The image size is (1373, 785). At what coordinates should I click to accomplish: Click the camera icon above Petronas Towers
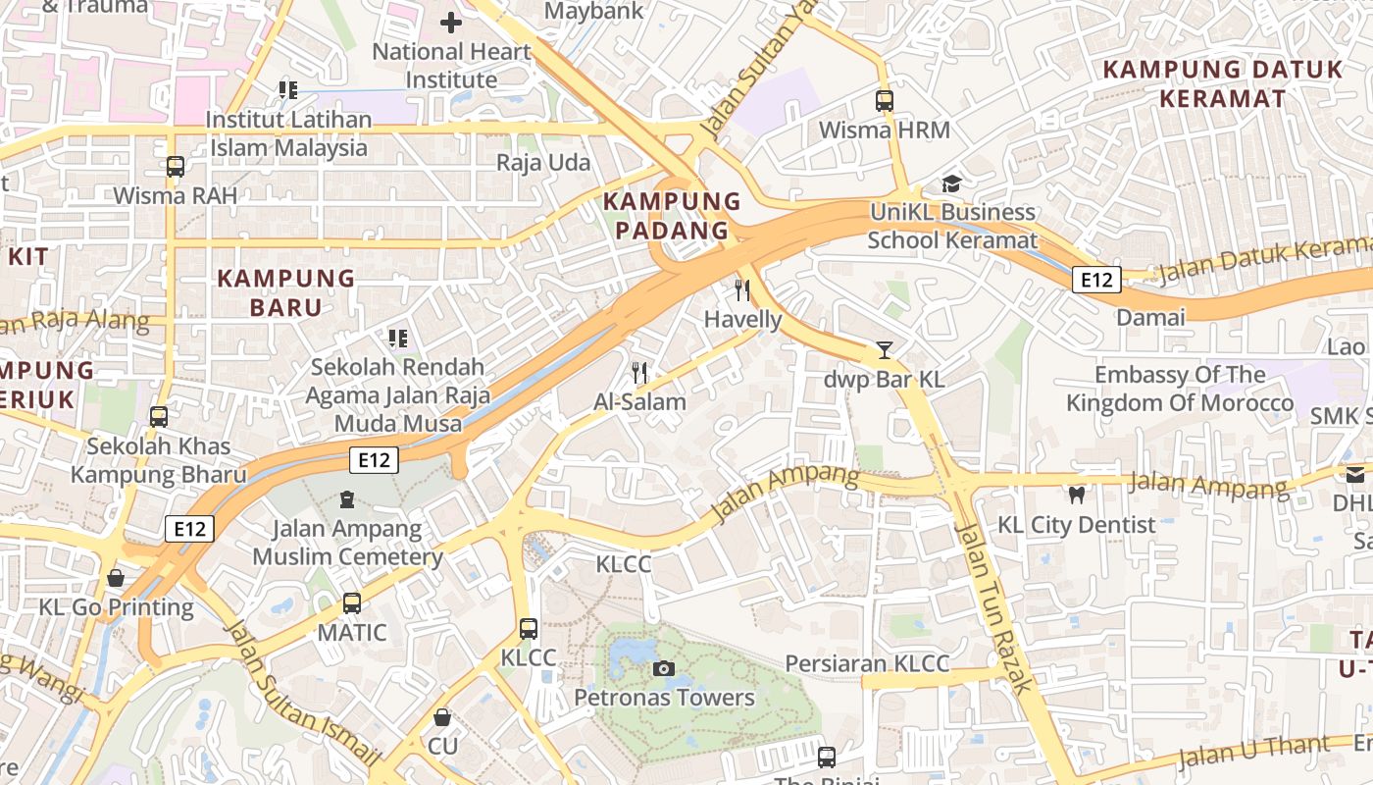click(x=664, y=668)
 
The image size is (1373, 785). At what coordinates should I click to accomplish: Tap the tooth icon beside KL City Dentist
click(x=1077, y=496)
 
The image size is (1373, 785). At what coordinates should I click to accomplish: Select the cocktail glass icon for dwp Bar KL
click(x=885, y=349)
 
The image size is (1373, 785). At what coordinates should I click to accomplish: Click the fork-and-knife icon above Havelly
click(x=742, y=290)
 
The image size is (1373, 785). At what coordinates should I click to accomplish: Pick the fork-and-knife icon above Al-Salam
click(x=639, y=372)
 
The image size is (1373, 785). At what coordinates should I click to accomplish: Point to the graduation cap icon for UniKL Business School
click(x=950, y=183)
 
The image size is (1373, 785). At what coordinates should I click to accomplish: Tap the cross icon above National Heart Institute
click(x=451, y=22)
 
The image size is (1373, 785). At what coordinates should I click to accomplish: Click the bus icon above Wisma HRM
click(x=885, y=100)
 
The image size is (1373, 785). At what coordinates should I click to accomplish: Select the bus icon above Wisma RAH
click(x=176, y=167)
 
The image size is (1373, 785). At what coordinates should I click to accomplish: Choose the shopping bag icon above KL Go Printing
click(x=116, y=578)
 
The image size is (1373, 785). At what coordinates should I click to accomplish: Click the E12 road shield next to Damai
click(x=1095, y=280)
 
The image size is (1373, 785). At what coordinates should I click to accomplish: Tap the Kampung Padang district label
click(x=672, y=216)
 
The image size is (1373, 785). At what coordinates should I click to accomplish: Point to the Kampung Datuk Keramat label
click(x=1222, y=83)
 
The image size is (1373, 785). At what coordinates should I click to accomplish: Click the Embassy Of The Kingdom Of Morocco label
click(x=1180, y=389)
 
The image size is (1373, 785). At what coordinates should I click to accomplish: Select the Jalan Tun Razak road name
click(x=992, y=608)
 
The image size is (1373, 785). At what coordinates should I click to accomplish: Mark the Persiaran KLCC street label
click(x=867, y=663)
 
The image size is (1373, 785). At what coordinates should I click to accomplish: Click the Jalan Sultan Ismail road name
click(x=301, y=692)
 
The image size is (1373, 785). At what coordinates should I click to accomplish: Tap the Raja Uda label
click(x=543, y=162)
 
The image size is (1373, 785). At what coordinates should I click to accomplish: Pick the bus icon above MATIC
click(x=352, y=603)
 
